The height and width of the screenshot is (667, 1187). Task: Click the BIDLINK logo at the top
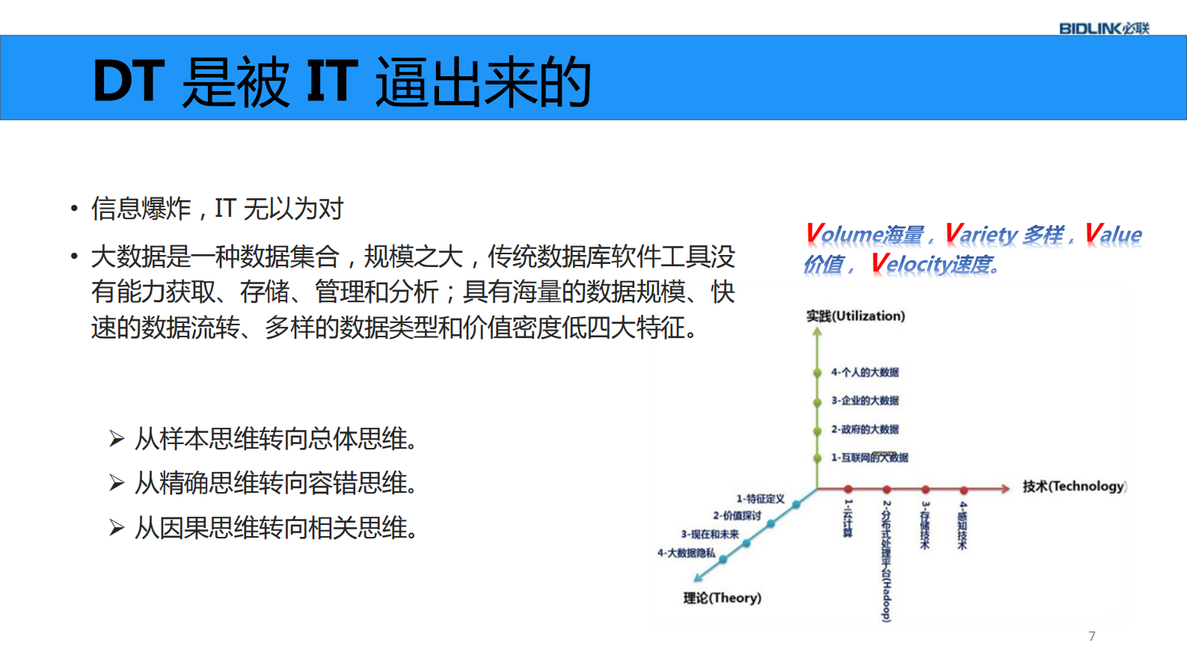[1103, 28]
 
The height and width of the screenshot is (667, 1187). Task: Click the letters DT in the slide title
[128, 81]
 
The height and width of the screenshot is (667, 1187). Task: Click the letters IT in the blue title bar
[331, 81]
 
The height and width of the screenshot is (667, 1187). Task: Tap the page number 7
[1092, 636]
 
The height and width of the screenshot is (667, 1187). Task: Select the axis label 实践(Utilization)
[855, 316]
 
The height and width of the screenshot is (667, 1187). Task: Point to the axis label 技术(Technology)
[1073, 486]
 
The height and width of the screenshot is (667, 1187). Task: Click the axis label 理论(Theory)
[722, 597]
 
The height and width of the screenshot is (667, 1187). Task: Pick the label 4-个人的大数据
[865, 372]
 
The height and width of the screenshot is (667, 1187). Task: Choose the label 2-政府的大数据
[865, 429]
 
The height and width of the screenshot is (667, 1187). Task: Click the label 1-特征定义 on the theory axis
[760, 498]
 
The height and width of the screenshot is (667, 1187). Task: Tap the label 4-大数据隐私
[686, 553]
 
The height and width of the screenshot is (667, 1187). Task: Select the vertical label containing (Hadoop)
[886, 561]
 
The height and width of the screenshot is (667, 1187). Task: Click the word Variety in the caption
[981, 234]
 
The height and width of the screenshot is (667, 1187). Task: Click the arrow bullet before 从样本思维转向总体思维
[117, 439]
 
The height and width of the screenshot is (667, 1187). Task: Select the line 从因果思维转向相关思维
[275, 528]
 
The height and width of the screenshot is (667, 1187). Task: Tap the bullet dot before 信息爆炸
[74, 209]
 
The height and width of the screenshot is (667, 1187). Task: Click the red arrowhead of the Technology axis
[1005, 489]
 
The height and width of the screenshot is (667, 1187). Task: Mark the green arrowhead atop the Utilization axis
[817, 333]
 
